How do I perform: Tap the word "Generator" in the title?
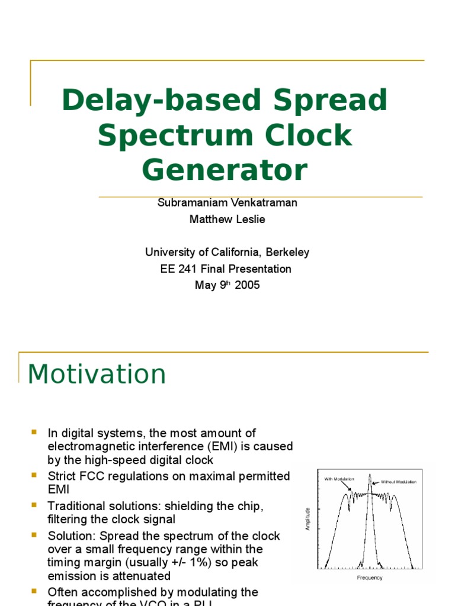pyautogui.click(x=225, y=170)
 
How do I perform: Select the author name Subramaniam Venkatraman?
pyautogui.click(x=227, y=202)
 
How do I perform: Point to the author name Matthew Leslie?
pyautogui.click(x=227, y=219)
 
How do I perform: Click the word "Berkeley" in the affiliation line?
pyautogui.click(x=284, y=252)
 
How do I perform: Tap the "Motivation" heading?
pyautogui.click(x=97, y=374)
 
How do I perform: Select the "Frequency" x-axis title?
pyautogui.click(x=370, y=578)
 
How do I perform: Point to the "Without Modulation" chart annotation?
pyautogui.click(x=398, y=482)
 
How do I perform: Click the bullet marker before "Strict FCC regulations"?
pyautogui.click(x=34, y=475)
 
